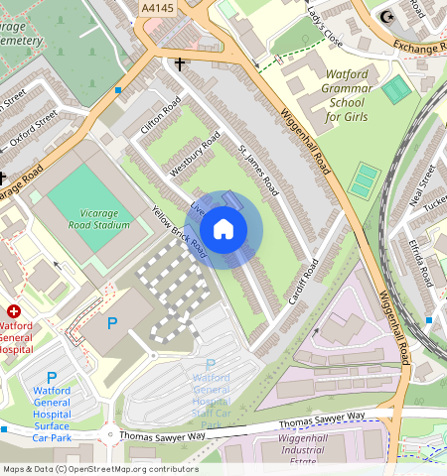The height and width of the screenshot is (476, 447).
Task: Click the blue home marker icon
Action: (x=223, y=230)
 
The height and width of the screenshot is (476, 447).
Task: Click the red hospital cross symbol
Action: (x=14, y=310)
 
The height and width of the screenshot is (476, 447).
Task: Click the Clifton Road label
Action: (x=159, y=120)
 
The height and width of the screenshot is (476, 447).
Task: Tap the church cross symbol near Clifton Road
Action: (x=180, y=64)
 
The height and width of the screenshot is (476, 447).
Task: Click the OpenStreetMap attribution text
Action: (x=100, y=469)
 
